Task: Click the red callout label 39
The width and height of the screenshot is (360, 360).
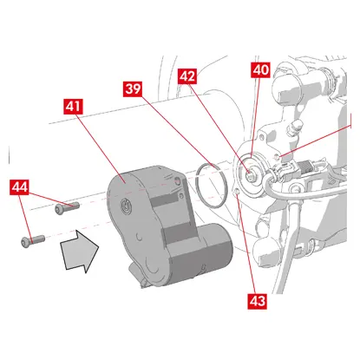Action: tap(133, 88)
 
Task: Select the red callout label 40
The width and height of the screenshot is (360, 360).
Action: tap(261, 70)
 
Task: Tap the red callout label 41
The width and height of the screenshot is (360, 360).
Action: tap(73, 107)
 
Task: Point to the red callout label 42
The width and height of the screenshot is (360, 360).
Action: tap(187, 76)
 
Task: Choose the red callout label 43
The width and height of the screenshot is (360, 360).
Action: tap(257, 301)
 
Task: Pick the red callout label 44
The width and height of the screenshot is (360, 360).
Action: tap(19, 187)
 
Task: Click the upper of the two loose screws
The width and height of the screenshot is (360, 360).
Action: tap(67, 208)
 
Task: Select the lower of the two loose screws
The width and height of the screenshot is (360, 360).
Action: tap(33, 241)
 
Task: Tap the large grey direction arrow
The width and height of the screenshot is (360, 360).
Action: tap(80, 250)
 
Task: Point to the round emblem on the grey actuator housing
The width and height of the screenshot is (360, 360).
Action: tap(125, 206)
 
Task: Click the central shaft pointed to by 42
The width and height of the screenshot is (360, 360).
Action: tap(250, 174)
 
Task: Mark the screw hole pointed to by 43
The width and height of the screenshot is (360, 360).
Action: tap(236, 191)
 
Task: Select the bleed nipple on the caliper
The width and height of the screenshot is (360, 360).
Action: tap(295, 127)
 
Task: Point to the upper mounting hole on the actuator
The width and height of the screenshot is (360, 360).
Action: tap(178, 181)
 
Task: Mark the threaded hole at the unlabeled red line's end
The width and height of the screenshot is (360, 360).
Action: tap(277, 157)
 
